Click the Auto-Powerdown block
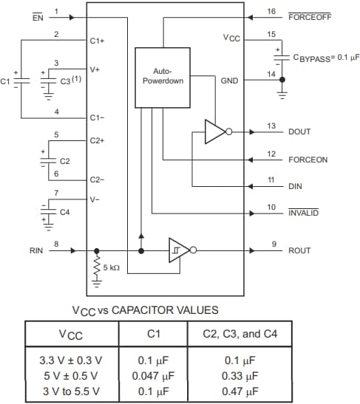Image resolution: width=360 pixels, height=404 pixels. pyautogui.click(x=162, y=77)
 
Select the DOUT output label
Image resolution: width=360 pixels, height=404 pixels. pyautogui.click(x=299, y=131)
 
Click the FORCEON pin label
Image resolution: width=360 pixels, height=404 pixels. pyautogui.click(x=308, y=159)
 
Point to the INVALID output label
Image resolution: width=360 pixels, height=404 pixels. pyautogui.click(x=303, y=213)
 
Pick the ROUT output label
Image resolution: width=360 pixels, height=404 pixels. pyautogui.click(x=299, y=250)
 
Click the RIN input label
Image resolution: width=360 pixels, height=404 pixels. pyautogui.click(x=36, y=250)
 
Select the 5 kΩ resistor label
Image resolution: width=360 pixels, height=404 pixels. pyautogui.click(x=112, y=267)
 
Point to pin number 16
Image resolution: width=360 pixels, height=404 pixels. pyautogui.click(x=271, y=11)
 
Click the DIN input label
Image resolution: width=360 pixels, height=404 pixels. pyautogui.click(x=295, y=185)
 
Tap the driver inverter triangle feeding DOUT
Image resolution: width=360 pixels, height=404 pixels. pyautogui.click(x=215, y=131)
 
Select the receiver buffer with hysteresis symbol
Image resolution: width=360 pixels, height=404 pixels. pyautogui.click(x=180, y=250)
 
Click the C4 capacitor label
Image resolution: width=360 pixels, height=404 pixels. pyautogui.click(x=64, y=212)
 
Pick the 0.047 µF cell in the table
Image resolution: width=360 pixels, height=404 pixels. pyautogui.click(x=154, y=375)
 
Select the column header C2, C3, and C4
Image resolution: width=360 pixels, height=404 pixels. pyautogui.click(x=240, y=334)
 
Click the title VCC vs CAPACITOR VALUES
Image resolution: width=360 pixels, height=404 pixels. pyautogui.click(x=145, y=309)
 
